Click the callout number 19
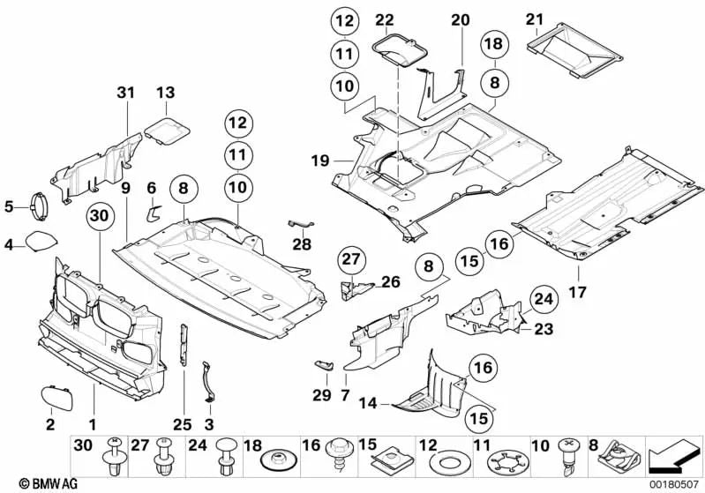coord(319,161)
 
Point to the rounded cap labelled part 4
coord(40,241)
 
